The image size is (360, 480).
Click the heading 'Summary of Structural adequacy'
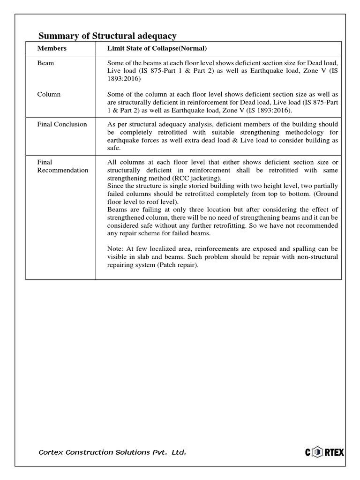coord(107,36)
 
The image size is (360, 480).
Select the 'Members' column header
coord(52,48)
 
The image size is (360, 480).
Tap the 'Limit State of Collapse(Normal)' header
coord(157,48)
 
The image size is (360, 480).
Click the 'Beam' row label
coord(45,63)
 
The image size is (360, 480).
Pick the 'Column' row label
coord(49,94)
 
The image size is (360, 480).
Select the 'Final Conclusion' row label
coord(62,124)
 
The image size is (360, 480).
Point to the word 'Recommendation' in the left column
coord(63,170)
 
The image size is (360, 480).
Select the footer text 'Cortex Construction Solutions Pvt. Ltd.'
coord(112,452)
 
